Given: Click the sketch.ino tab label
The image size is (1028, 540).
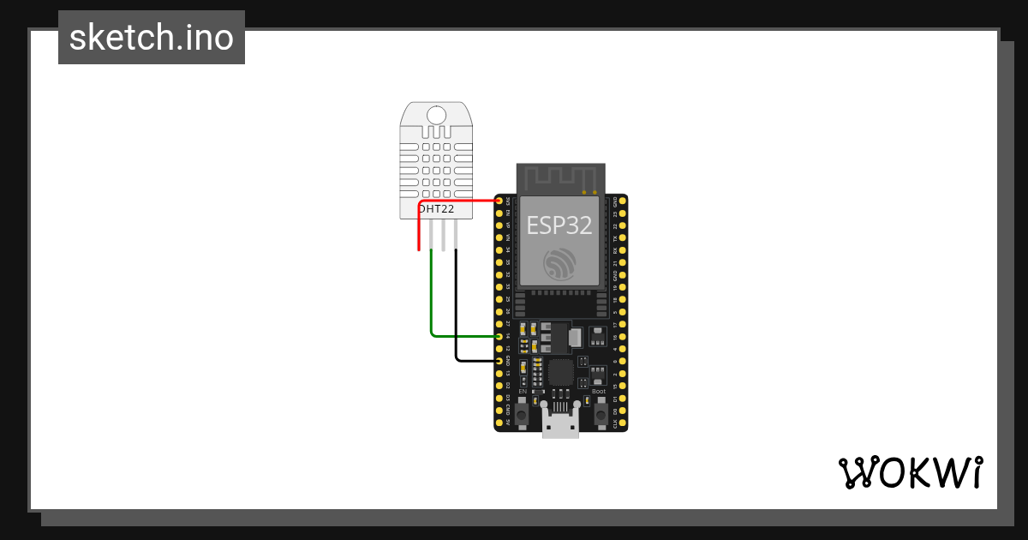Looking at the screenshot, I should point(152,38).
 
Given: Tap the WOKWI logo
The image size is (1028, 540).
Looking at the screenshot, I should point(910,473).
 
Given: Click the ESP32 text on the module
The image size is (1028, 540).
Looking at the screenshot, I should point(559,225).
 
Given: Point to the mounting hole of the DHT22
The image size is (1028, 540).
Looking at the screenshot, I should point(436,115).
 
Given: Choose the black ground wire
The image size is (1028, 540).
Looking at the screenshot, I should point(456,309).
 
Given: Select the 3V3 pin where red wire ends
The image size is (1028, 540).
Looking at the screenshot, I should point(499,201).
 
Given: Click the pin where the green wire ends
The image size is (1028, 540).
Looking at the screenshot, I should point(499,336).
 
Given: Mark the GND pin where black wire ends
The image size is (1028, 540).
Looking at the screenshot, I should point(499,361).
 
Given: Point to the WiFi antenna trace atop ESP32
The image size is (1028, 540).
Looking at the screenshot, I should point(559,178).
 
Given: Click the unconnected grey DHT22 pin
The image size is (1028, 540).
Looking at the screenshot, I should point(443,235).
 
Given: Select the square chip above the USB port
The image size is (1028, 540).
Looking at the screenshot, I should point(560,371).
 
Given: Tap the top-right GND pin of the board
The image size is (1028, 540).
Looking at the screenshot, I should point(622,201).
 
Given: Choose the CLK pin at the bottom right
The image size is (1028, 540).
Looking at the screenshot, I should point(622,423).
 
